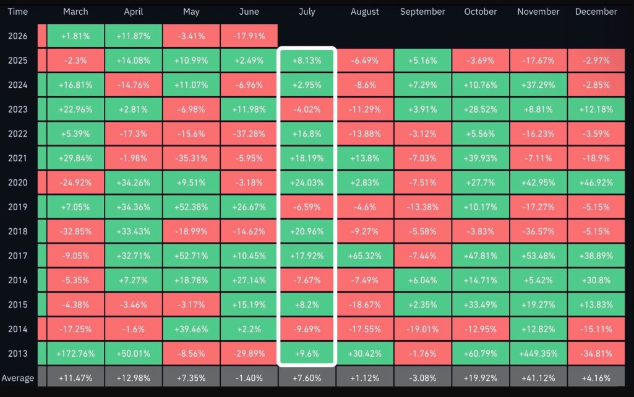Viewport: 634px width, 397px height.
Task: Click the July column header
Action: click(x=307, y=12)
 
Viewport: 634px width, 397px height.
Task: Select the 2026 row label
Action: click(x=18, y=36)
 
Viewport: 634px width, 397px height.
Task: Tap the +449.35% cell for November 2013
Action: click(x=538, y=353)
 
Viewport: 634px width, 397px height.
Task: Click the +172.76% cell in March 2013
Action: click(x=75, y=353)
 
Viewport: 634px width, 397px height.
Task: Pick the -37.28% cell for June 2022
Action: click(x=249, y=134)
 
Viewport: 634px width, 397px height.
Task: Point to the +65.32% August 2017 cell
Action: click(x=365, y=256)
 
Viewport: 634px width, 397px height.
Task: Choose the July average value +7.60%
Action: click(x=307, y=378)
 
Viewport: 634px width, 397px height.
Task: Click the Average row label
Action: click(x=18, y=378)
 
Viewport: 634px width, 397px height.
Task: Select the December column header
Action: click(x=596, y=12)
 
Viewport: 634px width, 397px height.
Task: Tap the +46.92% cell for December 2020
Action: click(x=596, y=183)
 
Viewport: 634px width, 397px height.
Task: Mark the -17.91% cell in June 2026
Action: click(x=249, y=36)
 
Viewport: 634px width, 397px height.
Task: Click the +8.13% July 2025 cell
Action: click(x=307, y=61)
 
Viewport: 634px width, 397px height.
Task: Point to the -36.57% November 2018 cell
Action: click(x=538, y=231)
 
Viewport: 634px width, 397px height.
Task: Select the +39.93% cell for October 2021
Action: click(x=481, y=158)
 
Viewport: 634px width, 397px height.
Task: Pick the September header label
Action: click(x=422, y=12)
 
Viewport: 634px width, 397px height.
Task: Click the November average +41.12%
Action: click(x=538, y=378)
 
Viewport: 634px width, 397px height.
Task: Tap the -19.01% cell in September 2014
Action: click(x=422, y=329)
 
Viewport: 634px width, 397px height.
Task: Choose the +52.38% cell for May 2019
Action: click(x=191, y=207)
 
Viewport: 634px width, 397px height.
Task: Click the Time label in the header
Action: click(x=18, y=12)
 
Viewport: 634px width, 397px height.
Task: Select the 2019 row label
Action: click(x=18, y=207)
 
